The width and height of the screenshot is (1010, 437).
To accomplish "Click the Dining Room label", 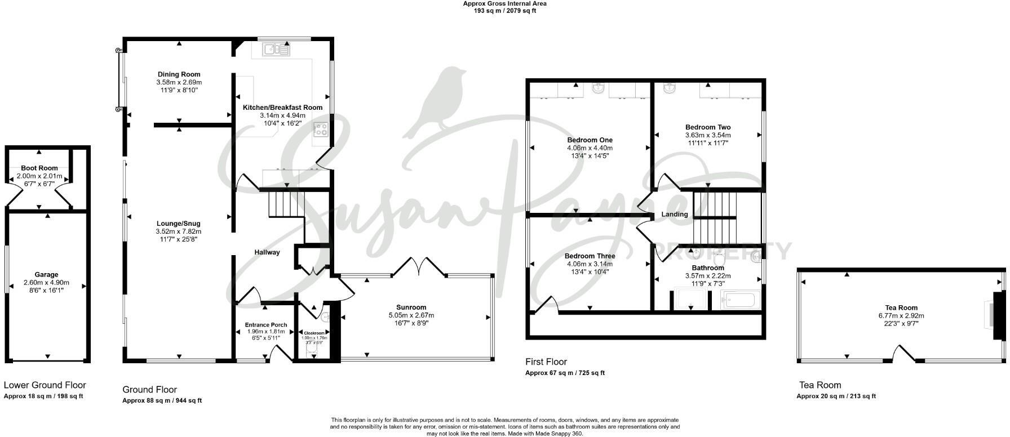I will coord(178,74).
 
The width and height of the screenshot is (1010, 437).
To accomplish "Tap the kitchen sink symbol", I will coord(276,50).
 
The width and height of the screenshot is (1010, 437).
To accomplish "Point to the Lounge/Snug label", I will coord(178,224).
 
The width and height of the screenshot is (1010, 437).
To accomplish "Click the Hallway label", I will coord(267,252).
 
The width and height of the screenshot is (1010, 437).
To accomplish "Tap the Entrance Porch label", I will coord(265,325).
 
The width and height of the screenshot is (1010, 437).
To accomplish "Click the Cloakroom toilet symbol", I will coord(313,351).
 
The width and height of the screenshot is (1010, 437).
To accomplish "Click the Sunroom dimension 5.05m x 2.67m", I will coord(411,315).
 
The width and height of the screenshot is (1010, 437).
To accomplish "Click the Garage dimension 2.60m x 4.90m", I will coord(46,283).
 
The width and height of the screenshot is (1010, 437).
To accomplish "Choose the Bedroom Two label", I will coord(708,127).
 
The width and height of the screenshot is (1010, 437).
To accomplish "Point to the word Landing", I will coord(675,215).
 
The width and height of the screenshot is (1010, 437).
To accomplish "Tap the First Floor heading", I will coord(546,362).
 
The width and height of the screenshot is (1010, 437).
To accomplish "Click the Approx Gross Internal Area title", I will coord(504,3).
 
